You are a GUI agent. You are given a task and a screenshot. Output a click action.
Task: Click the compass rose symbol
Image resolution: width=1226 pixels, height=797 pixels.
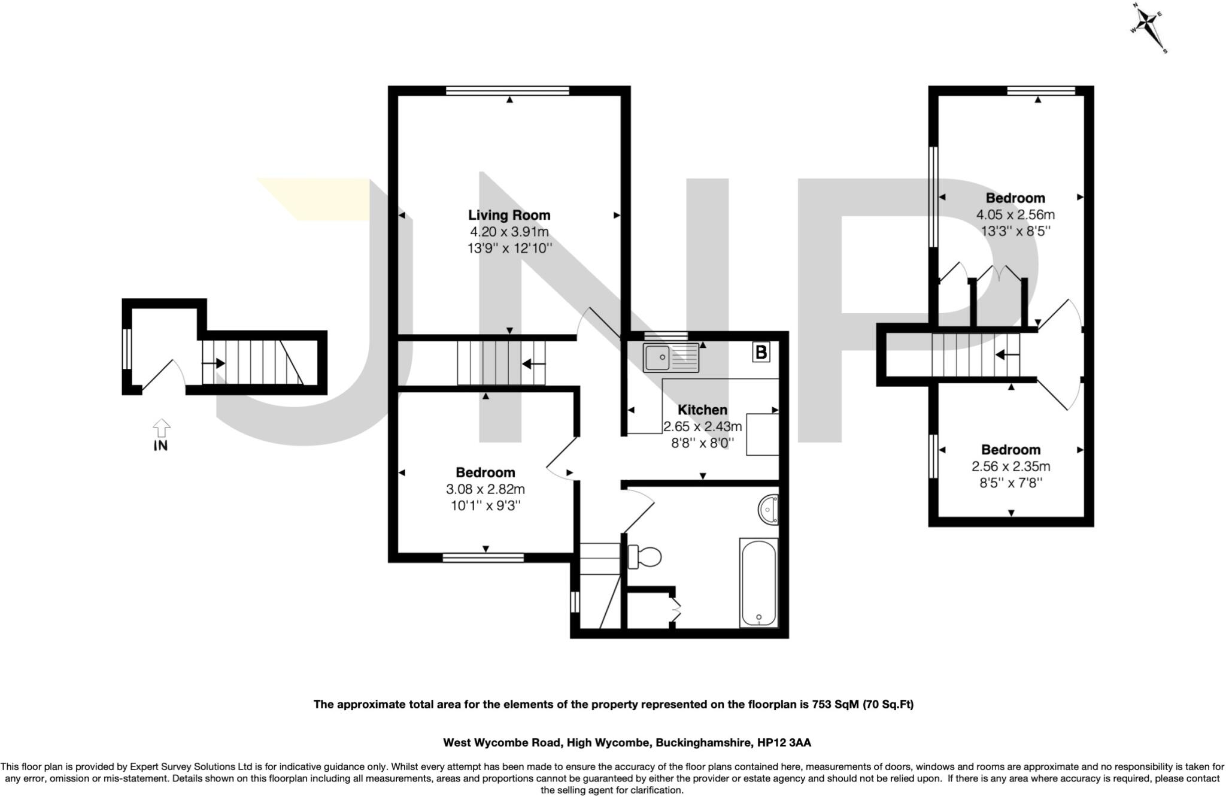pos(1149,29)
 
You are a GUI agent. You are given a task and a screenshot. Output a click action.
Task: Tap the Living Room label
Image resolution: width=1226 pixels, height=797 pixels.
pos(509,215)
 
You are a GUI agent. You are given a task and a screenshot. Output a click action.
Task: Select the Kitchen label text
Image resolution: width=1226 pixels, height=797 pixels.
pos(702,410)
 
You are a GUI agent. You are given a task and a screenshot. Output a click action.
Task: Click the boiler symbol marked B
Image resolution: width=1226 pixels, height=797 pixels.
pos(761,353)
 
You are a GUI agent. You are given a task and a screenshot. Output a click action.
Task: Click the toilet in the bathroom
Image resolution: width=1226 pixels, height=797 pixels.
pos(644,557)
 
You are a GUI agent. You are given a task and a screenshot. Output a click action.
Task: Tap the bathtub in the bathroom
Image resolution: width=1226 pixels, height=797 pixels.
pos(758,582)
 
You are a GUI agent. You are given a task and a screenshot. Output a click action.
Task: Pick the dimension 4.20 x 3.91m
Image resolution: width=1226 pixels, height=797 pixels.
pos(509,232)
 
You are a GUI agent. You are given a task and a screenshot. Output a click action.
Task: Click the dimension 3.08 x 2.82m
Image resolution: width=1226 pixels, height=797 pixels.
pos(485,489)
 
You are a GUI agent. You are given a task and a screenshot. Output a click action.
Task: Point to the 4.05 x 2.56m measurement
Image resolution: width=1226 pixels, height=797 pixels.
pos(1015,214)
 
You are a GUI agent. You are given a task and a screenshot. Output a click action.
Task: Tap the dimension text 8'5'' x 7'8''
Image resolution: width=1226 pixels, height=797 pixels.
pos(1010,483)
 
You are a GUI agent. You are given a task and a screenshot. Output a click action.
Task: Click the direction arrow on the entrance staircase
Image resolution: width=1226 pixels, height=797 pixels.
pos(214,363)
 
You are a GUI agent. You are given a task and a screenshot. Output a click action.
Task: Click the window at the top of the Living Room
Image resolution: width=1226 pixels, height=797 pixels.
pos(508,90)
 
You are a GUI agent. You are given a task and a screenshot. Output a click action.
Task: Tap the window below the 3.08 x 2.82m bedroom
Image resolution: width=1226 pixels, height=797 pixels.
pos(483,558)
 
